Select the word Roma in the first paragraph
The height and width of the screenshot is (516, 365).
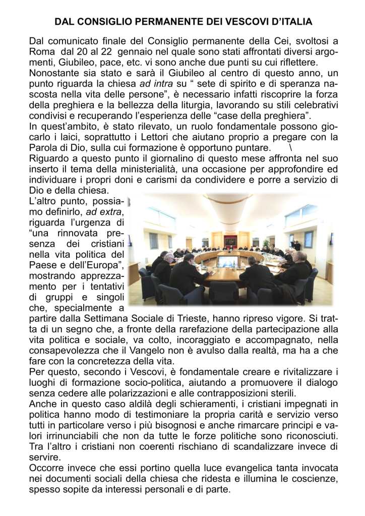pyautogui.click(x=40, y=51)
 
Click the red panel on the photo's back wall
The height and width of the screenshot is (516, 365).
pyautogui.click(x=230, y=240)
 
